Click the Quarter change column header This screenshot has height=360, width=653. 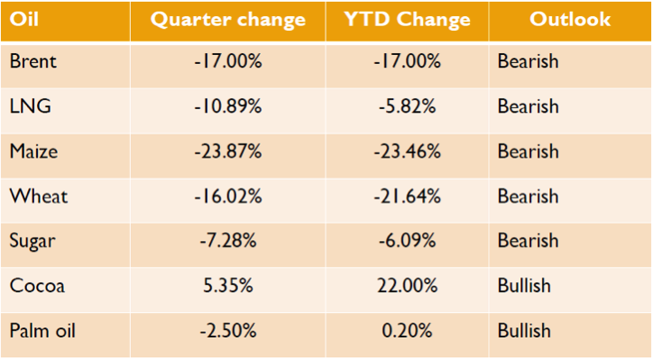click(x=228, y=20)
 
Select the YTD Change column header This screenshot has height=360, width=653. click(x=407, y=19)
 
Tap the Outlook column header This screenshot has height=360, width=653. click(x=570, y=19)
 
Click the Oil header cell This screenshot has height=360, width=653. click(x=24, y=19)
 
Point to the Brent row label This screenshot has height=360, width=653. click(x=32, y=61)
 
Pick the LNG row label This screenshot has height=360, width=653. click(x=31, y=106)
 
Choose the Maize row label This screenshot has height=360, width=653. click(x=33, y=151)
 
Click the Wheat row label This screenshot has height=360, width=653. click(x=38, y=196)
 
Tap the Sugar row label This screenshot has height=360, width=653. click(x=32, y=242)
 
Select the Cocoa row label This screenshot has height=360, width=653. click(x=37, y=286)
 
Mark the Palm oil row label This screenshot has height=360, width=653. click(x=42, y=331)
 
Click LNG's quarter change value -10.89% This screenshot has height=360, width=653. click(x=228, y=106)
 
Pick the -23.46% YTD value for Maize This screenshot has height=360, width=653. click(x=407, y=151)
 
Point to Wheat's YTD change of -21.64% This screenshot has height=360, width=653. click(x=407, y=196)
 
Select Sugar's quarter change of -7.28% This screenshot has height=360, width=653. click(x=228, y=241)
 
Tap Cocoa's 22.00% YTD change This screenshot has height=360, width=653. click(x=408, y=286)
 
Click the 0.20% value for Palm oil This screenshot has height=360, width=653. click(x=407, y=331)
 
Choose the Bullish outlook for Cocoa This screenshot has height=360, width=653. click(x=524, y=286)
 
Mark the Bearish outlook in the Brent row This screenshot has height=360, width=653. click(x=528, y=61)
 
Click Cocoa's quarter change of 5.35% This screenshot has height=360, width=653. click(x=228, y=286)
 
